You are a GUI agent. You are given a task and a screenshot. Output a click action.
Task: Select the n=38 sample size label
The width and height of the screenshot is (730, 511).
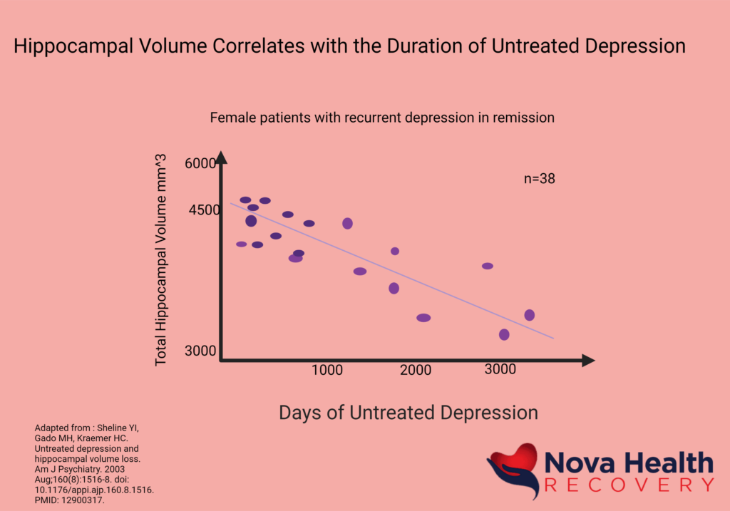tap(539, 179)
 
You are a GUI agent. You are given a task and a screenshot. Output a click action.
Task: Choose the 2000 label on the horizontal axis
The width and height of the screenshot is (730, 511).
tap(415, 370)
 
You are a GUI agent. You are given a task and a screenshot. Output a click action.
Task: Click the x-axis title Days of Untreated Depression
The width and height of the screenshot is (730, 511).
tap(408, 413)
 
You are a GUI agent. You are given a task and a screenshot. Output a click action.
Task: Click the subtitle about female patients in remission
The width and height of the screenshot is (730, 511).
tap(382, 118)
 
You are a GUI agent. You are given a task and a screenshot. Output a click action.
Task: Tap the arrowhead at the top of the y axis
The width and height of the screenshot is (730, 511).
tap(221, 158)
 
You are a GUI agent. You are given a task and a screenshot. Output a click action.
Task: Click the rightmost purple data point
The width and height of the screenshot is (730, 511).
tap(529, 315)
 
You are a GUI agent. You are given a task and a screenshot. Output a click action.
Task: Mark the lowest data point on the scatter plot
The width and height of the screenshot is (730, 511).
tap(504, 334)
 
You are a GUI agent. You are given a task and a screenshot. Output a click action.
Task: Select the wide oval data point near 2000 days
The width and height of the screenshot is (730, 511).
tap(423, 318)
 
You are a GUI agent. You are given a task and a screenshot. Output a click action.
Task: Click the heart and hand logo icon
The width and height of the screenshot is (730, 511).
tap(512, 471)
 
